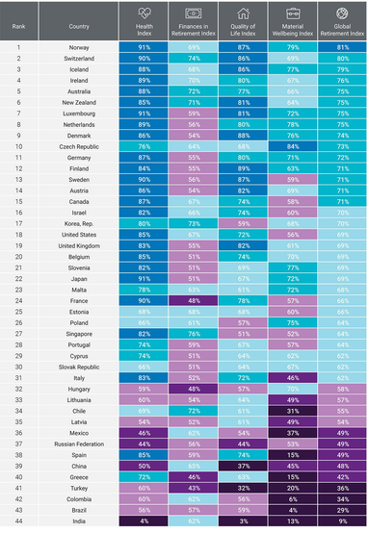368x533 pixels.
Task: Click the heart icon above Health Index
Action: coord(143,12)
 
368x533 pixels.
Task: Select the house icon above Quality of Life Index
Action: coord(244,12)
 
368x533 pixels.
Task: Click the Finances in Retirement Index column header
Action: coord(194,27)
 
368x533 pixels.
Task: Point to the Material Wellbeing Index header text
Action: coord(292,27)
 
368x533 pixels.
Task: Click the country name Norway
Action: coord(81,46)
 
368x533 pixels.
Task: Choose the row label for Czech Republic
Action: coord(81,146)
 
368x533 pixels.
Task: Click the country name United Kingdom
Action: coord(81,246)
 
